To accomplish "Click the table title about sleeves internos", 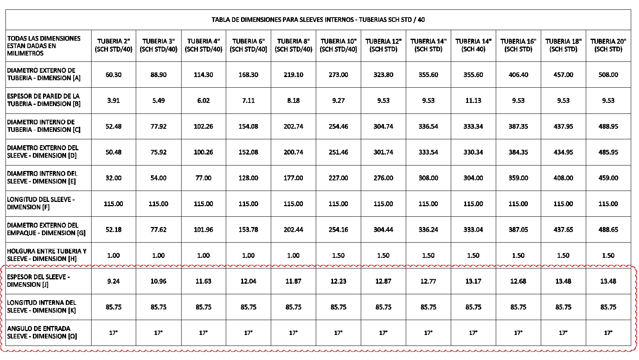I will click(x=318, y=20).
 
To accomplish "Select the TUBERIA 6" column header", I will click(x=248, y=45).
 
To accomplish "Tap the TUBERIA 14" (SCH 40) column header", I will click(x=473, y=45).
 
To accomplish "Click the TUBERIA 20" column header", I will click(x=608, y=45).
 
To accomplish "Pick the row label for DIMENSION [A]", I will click(x=43, y=74).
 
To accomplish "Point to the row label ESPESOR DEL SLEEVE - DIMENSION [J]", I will click(x=38, y=281).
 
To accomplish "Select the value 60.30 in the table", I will click(x=113, y=74).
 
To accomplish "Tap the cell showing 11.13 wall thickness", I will click(x=473, y=101).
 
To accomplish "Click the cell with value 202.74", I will click(x=293, y=126).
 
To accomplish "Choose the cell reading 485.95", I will click(x=608, y=152).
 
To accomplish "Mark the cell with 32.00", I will click(x=113, y=178).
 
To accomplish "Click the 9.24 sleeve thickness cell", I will click(x=113, y=281).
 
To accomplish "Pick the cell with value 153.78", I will click(x=248, y=230).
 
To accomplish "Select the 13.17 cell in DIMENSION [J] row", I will click(x=473, y=281).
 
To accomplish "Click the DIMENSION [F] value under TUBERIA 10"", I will click(x=338, y=204).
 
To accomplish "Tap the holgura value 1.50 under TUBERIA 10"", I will click(x=338, y=256).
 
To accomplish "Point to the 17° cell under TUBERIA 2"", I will click(x=113, y=333).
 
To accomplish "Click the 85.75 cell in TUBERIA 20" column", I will click(x=608, y=307).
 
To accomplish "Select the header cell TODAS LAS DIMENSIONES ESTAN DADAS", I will click(x=43, y=45).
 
